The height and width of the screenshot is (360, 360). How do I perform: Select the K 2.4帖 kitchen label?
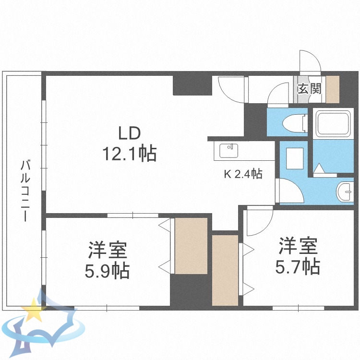point(243,174)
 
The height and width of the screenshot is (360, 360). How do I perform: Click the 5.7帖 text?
point(298,266)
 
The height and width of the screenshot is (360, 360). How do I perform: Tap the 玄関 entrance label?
point(309,89)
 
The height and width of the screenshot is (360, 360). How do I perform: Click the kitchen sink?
point(229,151)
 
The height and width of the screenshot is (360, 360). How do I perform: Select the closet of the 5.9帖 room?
point(191,246)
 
